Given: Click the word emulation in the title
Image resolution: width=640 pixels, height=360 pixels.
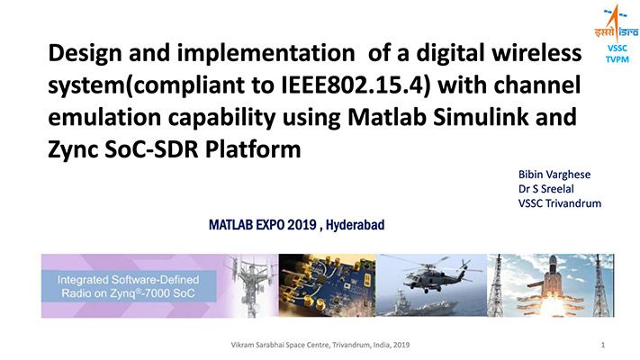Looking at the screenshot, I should coord(98,118).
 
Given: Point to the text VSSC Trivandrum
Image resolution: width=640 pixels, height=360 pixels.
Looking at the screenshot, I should coord(559,203).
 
